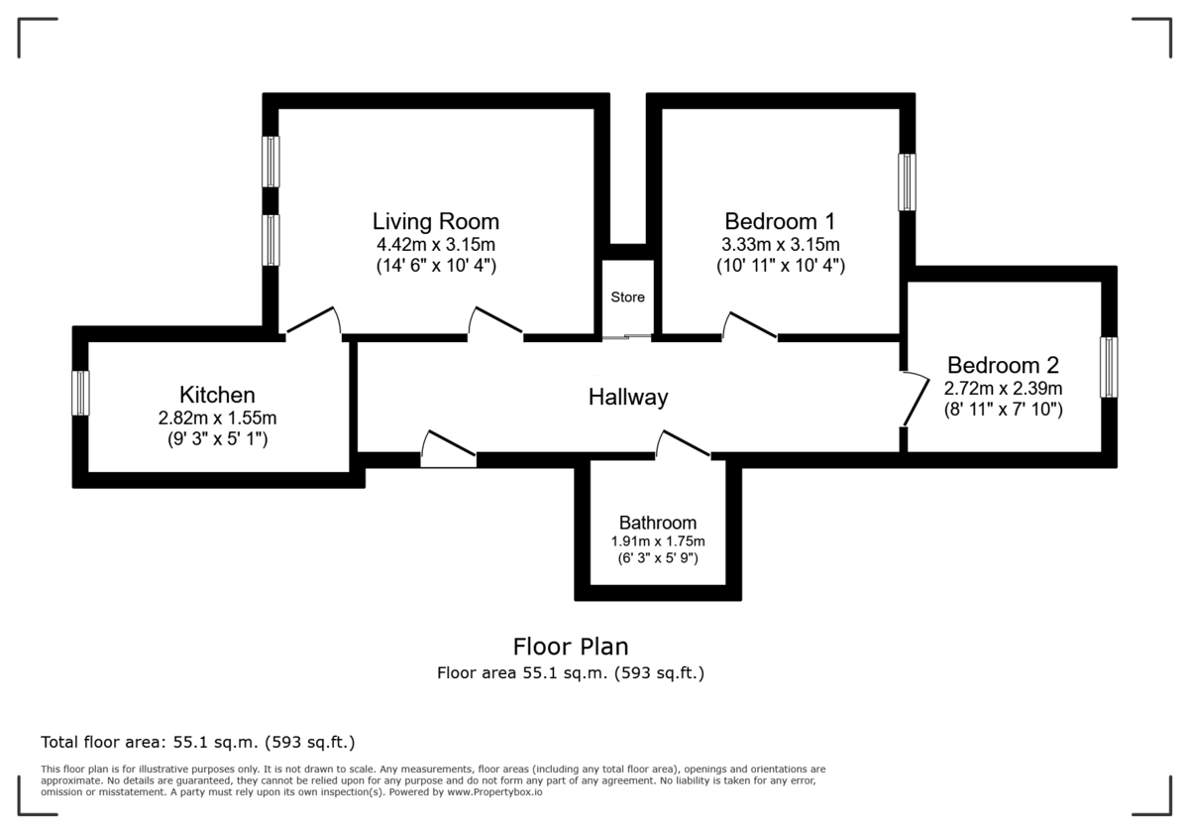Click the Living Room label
click(x=436, y=221)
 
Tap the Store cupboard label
click(x=627, y=297)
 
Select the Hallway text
click(x=628, y=398)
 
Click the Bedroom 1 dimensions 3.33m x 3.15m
click(x=781, y=245)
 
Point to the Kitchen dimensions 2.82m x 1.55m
click(x=217, y=417)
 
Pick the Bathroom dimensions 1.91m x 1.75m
click(x=658, y=541)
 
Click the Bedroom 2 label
click(x=1003, y=364)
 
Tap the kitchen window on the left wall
click(x=80, y=393)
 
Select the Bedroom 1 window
click(x=907, y=181)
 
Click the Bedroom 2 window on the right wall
click(x=1109, y=367)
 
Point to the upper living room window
click(x=270, y=161)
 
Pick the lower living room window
click(x=270, y=240)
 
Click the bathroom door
click(x=684, y=445)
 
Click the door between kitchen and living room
click(x=313, y=321)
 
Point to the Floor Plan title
click(x=571, y=647)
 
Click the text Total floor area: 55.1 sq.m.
click(x=197, y=742)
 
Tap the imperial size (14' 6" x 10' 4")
click(x=436, y=266)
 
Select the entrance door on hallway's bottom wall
click(x=448, y=451)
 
